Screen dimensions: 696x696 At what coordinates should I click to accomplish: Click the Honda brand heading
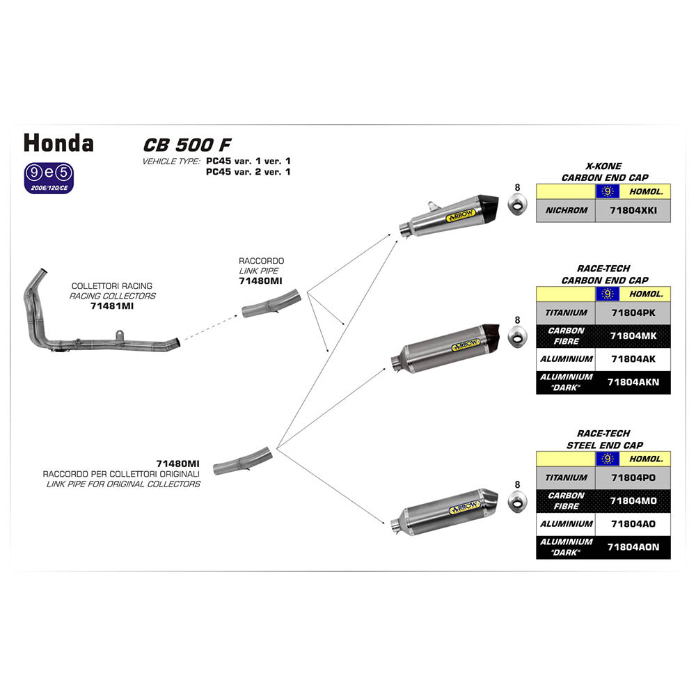[59, 143]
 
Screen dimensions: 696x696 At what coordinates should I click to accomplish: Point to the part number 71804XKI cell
[633, 210]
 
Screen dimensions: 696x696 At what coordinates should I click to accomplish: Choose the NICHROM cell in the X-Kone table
[567, 210]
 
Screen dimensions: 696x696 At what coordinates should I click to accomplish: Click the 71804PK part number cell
[633, 313]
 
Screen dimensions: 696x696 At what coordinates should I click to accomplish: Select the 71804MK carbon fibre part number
[633, 336]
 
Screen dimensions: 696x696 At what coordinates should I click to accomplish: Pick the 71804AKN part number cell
[633, 382]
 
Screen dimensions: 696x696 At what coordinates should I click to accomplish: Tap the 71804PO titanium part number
[633, 478]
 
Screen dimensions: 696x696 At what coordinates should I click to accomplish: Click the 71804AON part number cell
[633, 547]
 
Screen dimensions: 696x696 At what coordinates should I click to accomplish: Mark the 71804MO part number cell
[633, 501]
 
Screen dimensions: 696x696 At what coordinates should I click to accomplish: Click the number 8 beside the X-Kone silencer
[517, 187]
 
